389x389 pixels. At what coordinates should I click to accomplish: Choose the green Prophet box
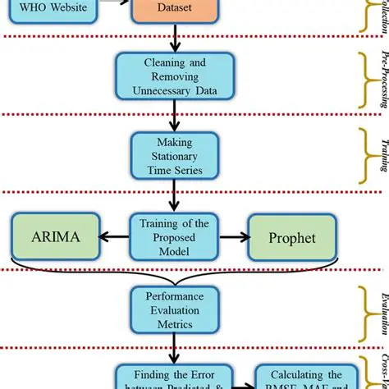click(x=292, y=237)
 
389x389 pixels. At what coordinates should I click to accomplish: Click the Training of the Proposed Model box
click(x=174, y=237)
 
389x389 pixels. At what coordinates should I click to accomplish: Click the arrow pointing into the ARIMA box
click(x=114, y=237)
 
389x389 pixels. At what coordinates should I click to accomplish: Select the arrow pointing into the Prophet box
click(x=233, y=237)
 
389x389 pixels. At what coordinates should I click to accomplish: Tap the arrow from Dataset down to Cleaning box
click(x=174, y=42)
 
